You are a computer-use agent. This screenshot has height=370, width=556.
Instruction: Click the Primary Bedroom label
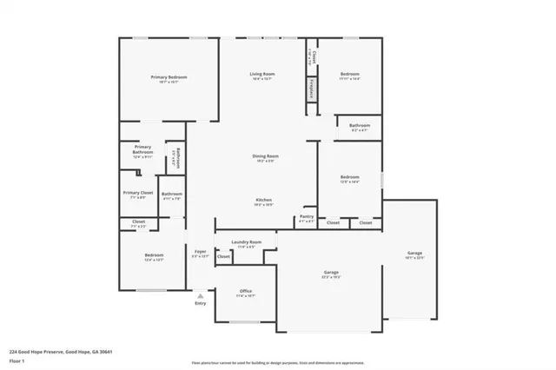pos(169,77)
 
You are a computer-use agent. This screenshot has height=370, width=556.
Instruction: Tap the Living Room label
pos(263,76)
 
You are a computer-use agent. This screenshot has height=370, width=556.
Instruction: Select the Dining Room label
pos(265,156)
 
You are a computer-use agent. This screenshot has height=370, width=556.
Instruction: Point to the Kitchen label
pos(263,200)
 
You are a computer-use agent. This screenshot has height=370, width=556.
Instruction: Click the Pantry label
pos(306,216)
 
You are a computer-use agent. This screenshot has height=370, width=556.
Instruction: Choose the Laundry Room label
pos(244,242)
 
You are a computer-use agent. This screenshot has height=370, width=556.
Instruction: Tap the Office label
pos(245,291)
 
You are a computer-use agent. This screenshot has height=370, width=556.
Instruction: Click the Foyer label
pos(200,252)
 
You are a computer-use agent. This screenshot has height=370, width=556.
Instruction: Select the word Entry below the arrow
pos(200,303)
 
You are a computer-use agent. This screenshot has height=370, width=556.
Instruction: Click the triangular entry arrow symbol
pos(200,295)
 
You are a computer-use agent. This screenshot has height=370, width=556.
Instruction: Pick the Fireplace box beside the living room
pos(311,88)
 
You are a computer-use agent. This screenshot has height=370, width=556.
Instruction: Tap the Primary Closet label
pos(137,193)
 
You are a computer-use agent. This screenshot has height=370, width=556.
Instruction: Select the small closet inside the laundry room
pos(223,256)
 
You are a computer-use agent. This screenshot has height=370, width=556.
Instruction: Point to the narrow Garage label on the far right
pos(414,254)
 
